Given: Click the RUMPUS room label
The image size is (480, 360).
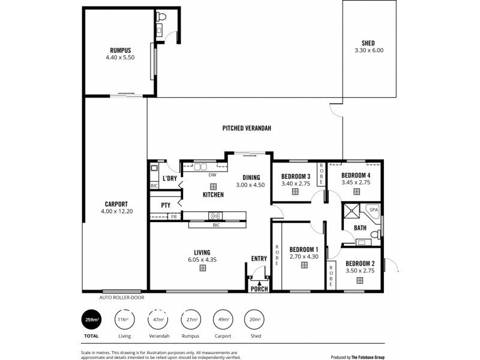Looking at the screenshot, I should [121, 50].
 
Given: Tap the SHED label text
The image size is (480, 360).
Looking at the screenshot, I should [368, 43].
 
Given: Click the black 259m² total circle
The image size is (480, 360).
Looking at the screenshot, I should [92, 319].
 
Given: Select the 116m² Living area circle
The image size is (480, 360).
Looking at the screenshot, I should [124, 319].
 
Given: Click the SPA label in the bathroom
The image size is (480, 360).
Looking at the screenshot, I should [373, 210].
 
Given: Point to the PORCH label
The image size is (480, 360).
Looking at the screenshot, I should [259, 289].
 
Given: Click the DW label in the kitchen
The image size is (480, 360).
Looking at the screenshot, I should [212, 175].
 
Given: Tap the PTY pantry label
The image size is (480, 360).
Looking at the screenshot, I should [166, 205].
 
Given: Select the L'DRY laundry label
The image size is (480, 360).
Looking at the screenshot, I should [169, 179].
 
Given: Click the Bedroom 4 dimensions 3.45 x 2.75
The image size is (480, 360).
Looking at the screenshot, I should [356, 182].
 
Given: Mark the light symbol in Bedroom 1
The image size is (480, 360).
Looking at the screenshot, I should [304, 265].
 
